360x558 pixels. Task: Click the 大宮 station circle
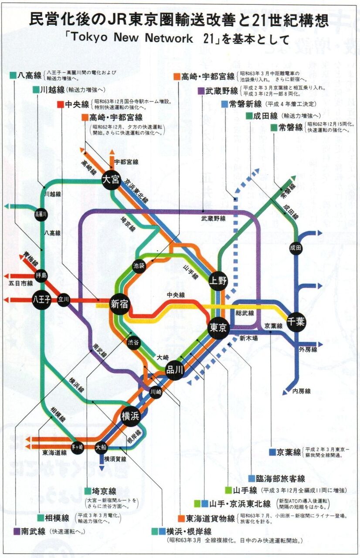pos(111,180)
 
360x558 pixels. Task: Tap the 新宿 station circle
pos(119,304)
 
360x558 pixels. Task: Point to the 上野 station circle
pos(218,280)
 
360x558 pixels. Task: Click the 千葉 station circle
pos(296,322)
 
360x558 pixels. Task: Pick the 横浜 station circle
pos(130,416)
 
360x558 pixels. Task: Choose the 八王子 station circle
pos(42,300)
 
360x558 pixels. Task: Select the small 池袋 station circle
pos(139,265)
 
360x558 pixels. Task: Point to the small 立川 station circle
pos(64,300)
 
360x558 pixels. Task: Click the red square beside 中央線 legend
pos(60,104)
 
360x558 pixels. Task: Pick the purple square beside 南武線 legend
pos(17,531)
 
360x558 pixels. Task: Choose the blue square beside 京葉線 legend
pos(272,452)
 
